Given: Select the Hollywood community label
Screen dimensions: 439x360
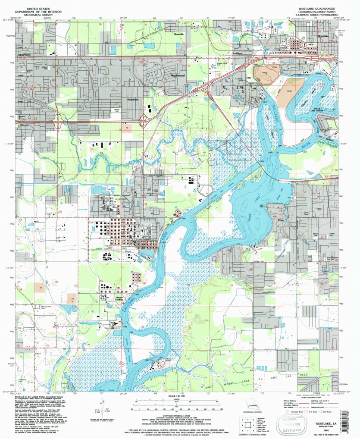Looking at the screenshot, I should click(x=132, y=99).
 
